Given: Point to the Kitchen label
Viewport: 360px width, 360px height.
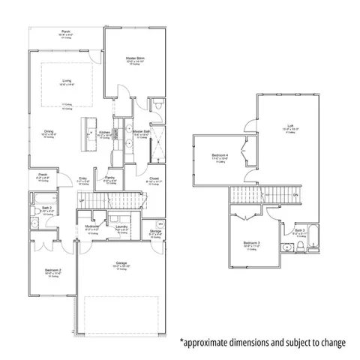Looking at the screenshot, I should click(x=105, y=131).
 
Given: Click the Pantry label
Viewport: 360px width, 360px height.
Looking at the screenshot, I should click(x=109, y=178).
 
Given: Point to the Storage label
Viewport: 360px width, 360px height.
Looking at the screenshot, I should click(x=155, y=231).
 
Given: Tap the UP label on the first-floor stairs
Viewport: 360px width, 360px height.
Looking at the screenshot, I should click(x=81, y=200).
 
